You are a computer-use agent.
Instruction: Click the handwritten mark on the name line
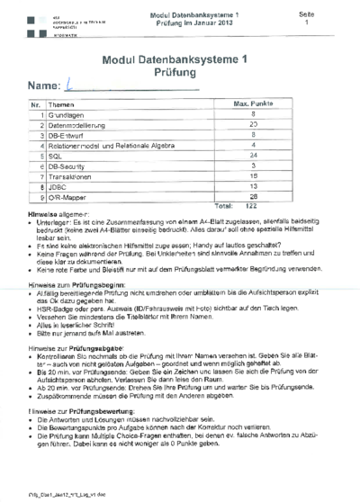pyautogui.click(x=71, y=86)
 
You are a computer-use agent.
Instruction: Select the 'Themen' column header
pyautogui.click(x=63, y=105)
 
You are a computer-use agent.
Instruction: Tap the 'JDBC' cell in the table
pyautogui.click(x=58, y=186)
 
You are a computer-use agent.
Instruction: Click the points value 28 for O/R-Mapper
pyautogui.click(x=253, y=196)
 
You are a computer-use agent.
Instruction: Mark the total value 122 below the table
pyautogui.click(x=252, y=206)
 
